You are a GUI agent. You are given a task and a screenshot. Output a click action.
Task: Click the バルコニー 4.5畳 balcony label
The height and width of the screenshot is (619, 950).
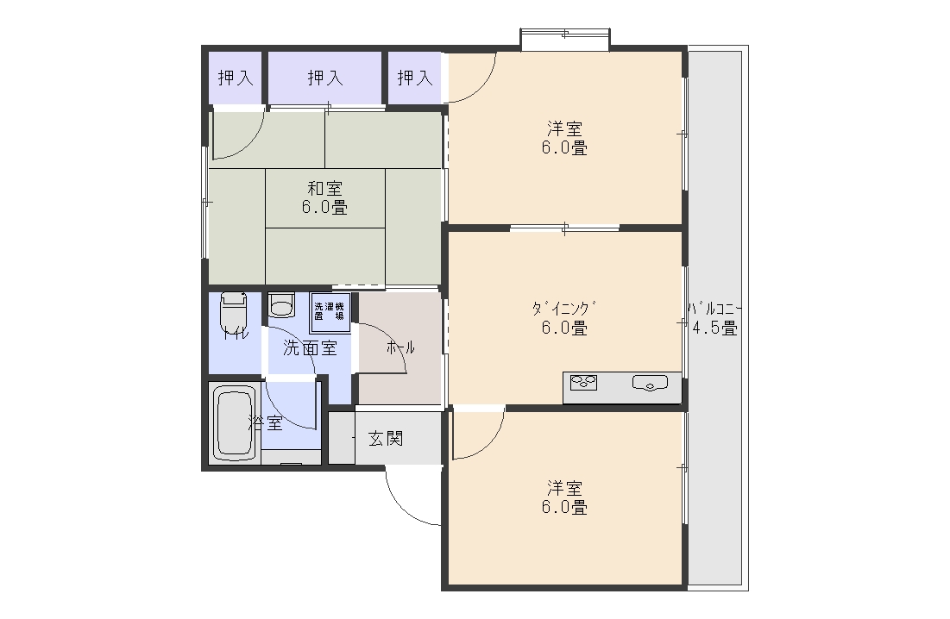click(714, 318)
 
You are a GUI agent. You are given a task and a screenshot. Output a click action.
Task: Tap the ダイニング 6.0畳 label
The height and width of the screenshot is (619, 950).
click(564, 318)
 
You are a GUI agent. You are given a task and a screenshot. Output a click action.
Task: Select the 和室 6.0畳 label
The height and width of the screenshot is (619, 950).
click(324, 197)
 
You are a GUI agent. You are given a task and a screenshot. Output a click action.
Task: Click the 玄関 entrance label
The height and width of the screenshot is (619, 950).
click(386, 438)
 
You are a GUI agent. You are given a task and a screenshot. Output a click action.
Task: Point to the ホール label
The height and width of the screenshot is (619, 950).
click(400, 347)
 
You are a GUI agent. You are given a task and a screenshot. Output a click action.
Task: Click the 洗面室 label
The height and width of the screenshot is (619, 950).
click(310, 348)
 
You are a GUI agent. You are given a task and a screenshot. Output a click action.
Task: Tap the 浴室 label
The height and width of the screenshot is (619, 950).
click(266, 423)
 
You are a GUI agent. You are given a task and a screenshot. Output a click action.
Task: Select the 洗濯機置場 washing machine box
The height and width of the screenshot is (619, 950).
click(329, 312)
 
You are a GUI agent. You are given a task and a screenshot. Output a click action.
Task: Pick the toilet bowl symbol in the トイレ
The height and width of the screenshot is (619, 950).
click(233, 309)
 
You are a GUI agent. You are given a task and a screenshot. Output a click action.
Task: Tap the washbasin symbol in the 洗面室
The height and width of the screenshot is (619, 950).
click(281, 305)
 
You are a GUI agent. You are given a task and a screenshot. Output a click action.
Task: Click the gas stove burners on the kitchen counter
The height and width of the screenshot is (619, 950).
click(583, 382)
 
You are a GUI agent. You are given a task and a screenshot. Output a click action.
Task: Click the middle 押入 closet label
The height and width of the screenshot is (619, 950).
click(325, 78)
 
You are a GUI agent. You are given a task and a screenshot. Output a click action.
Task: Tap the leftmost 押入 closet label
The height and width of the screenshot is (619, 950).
click(236, 78)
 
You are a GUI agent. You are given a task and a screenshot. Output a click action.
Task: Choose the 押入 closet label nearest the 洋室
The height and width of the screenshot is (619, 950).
click(415, 78)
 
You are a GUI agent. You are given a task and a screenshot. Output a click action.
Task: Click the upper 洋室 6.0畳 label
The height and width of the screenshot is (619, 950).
click(566, 138)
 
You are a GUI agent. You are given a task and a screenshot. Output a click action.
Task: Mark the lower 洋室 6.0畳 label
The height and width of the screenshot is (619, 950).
click(565, 497)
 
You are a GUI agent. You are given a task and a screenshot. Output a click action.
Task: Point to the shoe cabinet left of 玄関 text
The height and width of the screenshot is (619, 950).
click(341, 438)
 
